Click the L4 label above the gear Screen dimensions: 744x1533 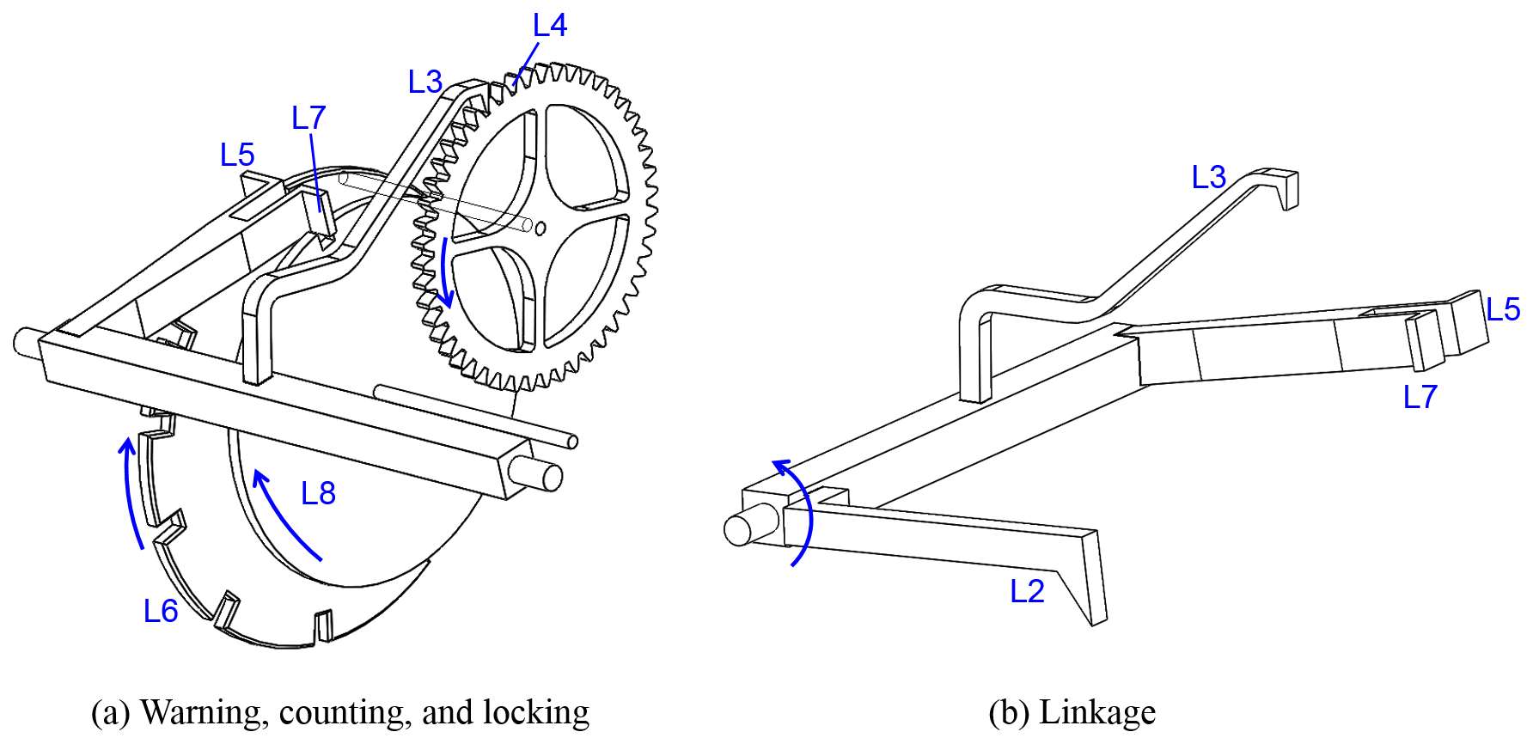(x=549, y=26)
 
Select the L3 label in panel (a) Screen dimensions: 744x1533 (x=425, y=82)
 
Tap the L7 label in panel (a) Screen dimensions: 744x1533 (x=308, y=118)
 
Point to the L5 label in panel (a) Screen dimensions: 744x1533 (x=237, y=156)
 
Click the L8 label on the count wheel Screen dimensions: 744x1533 (x=318, y=493)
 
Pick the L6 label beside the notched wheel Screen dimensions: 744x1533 (x=161, y=611)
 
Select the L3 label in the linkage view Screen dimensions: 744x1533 (x=1208, y=178)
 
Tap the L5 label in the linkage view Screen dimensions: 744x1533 (x=1503, y=309)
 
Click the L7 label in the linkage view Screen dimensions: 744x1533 (x=1420, y=397)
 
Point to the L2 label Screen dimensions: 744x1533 (x=1027, y=591)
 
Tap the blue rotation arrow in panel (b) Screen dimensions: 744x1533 (x=799, y=511)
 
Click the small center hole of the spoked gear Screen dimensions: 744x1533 (x=541, y=229)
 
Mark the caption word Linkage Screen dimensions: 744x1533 (x=1096, y=713)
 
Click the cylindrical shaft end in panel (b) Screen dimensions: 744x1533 (x=739, y=530)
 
